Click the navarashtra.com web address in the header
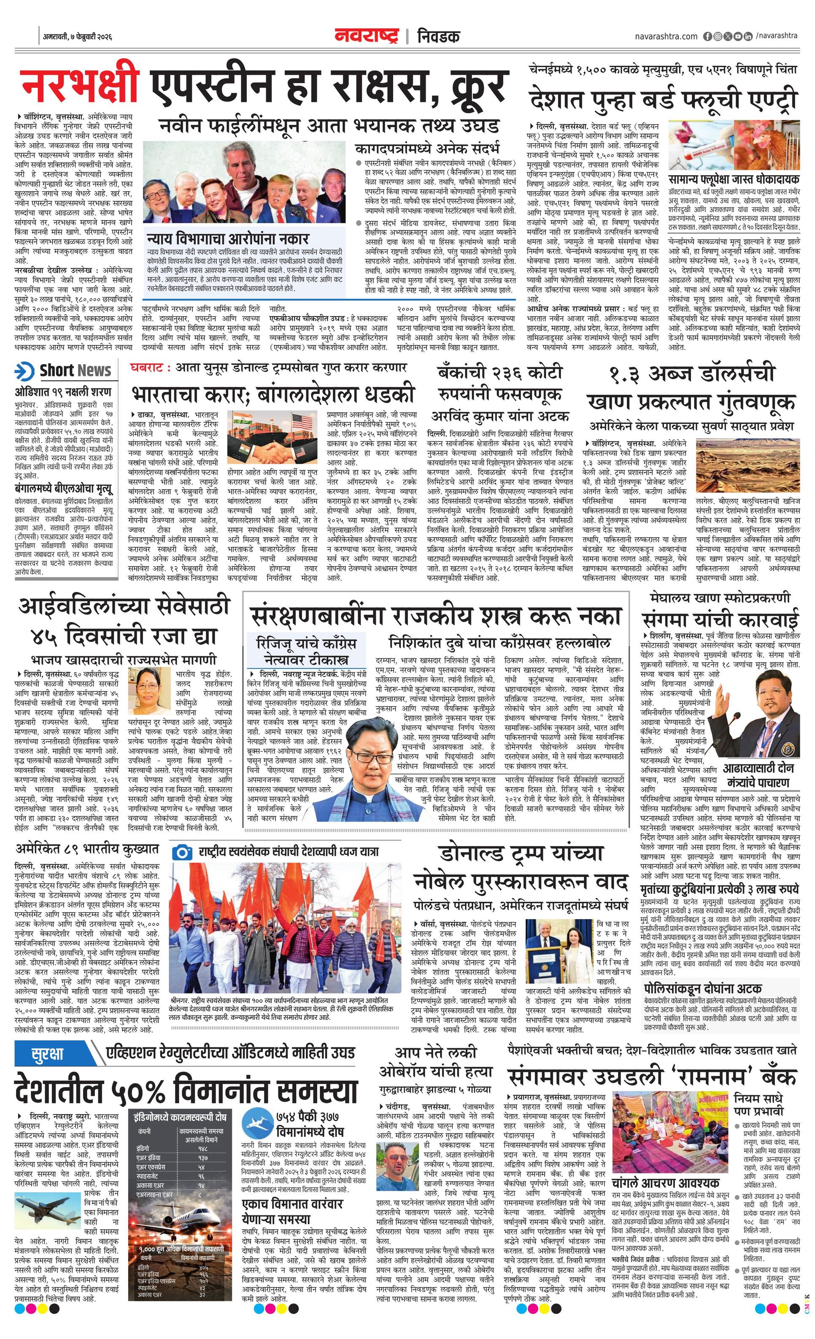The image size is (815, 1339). click(x=666, y=36)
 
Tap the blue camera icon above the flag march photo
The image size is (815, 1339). click(x=181, y=852)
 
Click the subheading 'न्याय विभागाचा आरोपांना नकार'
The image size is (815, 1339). click(x=228, y=238)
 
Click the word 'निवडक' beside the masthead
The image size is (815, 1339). click(x=438, y=36)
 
